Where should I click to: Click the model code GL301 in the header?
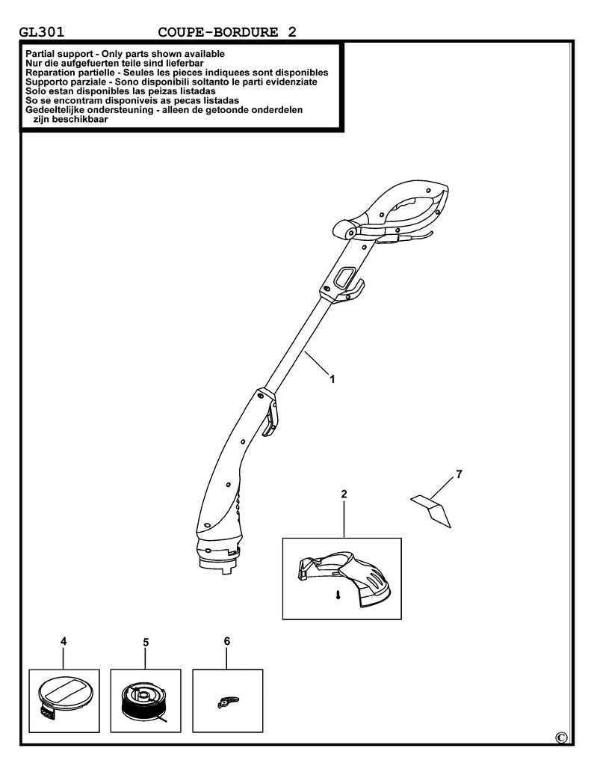[42, 32]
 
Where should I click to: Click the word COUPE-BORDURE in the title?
[217, 32]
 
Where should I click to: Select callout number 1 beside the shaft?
[332, 379]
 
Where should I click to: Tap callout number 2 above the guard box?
[344, 494]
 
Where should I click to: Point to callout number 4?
[64, 641]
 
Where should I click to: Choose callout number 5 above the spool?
[146, 643]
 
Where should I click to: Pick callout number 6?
[227, 641]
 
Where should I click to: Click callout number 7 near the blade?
[459, 474]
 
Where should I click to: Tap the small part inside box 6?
[227, 702]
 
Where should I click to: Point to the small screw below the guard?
[338, 595]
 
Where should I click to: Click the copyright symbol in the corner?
[561, 738]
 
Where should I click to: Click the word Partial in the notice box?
[40, 54]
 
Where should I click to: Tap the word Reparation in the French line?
[49, 73]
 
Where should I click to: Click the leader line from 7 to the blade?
[441, 488]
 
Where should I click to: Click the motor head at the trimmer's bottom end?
[218, 552]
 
